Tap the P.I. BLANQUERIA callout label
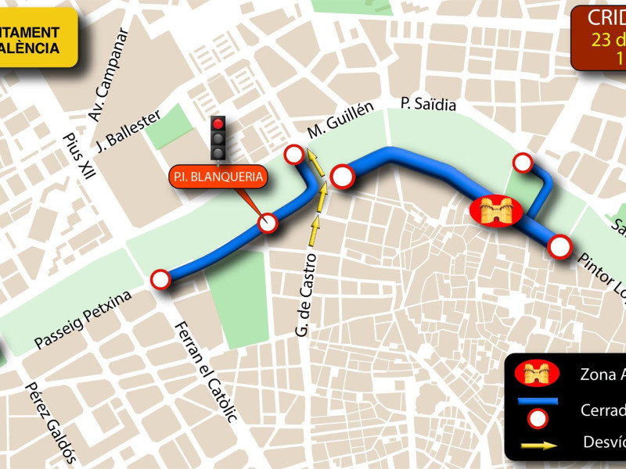pos(218,177)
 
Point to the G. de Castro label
pos(306,295)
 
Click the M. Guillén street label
pos(340,119)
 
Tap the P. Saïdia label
pos(427,104)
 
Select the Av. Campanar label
pos(108,77)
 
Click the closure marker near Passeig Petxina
pos(160,279)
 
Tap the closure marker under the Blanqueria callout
pos(268,224)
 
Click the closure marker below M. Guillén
pos(294,154)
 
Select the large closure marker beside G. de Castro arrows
pos(343,177)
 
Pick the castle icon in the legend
pos(537,374)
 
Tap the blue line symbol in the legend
pos(537,401)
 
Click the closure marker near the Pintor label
pos(559,247)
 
